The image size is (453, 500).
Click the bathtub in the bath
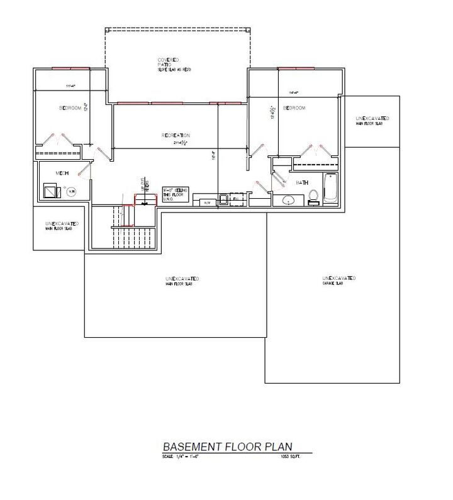[331, 189]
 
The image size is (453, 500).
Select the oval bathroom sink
[288, 201]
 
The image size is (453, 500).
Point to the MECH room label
[62, 173]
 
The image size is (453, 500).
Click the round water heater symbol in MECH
[71, 191]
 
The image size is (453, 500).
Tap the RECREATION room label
[175, 135]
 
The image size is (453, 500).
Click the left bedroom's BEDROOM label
[70, 108]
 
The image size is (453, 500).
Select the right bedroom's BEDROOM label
[294, 108]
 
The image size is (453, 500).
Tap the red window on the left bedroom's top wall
[70, 68]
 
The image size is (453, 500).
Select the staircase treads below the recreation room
[132, 238]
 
